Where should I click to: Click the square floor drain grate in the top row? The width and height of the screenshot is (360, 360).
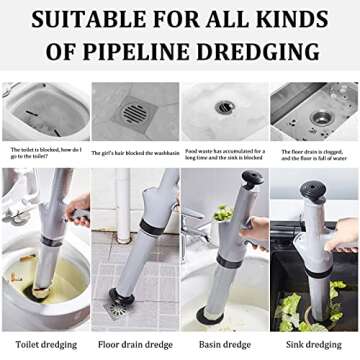[x=134, y=112]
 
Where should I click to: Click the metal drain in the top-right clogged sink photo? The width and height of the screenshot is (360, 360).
[x=322, y=117]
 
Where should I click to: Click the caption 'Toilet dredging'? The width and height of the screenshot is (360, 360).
[x=44, y=344]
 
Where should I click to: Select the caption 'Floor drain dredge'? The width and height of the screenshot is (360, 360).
[x=135, y=344]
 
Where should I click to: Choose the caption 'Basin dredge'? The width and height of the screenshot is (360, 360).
[x=223, y=344]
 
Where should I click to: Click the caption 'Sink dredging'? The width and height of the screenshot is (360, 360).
[x=313, y=344]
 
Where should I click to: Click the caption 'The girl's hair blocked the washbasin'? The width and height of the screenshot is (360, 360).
[x=134, y=151]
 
